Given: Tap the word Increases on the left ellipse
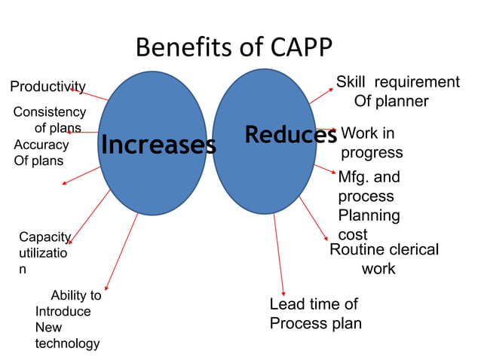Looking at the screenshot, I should point(158,145).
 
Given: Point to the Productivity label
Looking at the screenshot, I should point(47,87).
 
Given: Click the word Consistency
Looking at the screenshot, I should point(49,112).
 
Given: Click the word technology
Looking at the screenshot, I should point(67,343).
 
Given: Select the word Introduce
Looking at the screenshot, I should point(63,311).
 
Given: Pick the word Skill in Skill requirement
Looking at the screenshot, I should point(351,82).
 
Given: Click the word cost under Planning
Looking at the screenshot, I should point(353,235).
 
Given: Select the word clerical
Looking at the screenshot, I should point(412,249).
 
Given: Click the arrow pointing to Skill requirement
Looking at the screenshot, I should point(321,96).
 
